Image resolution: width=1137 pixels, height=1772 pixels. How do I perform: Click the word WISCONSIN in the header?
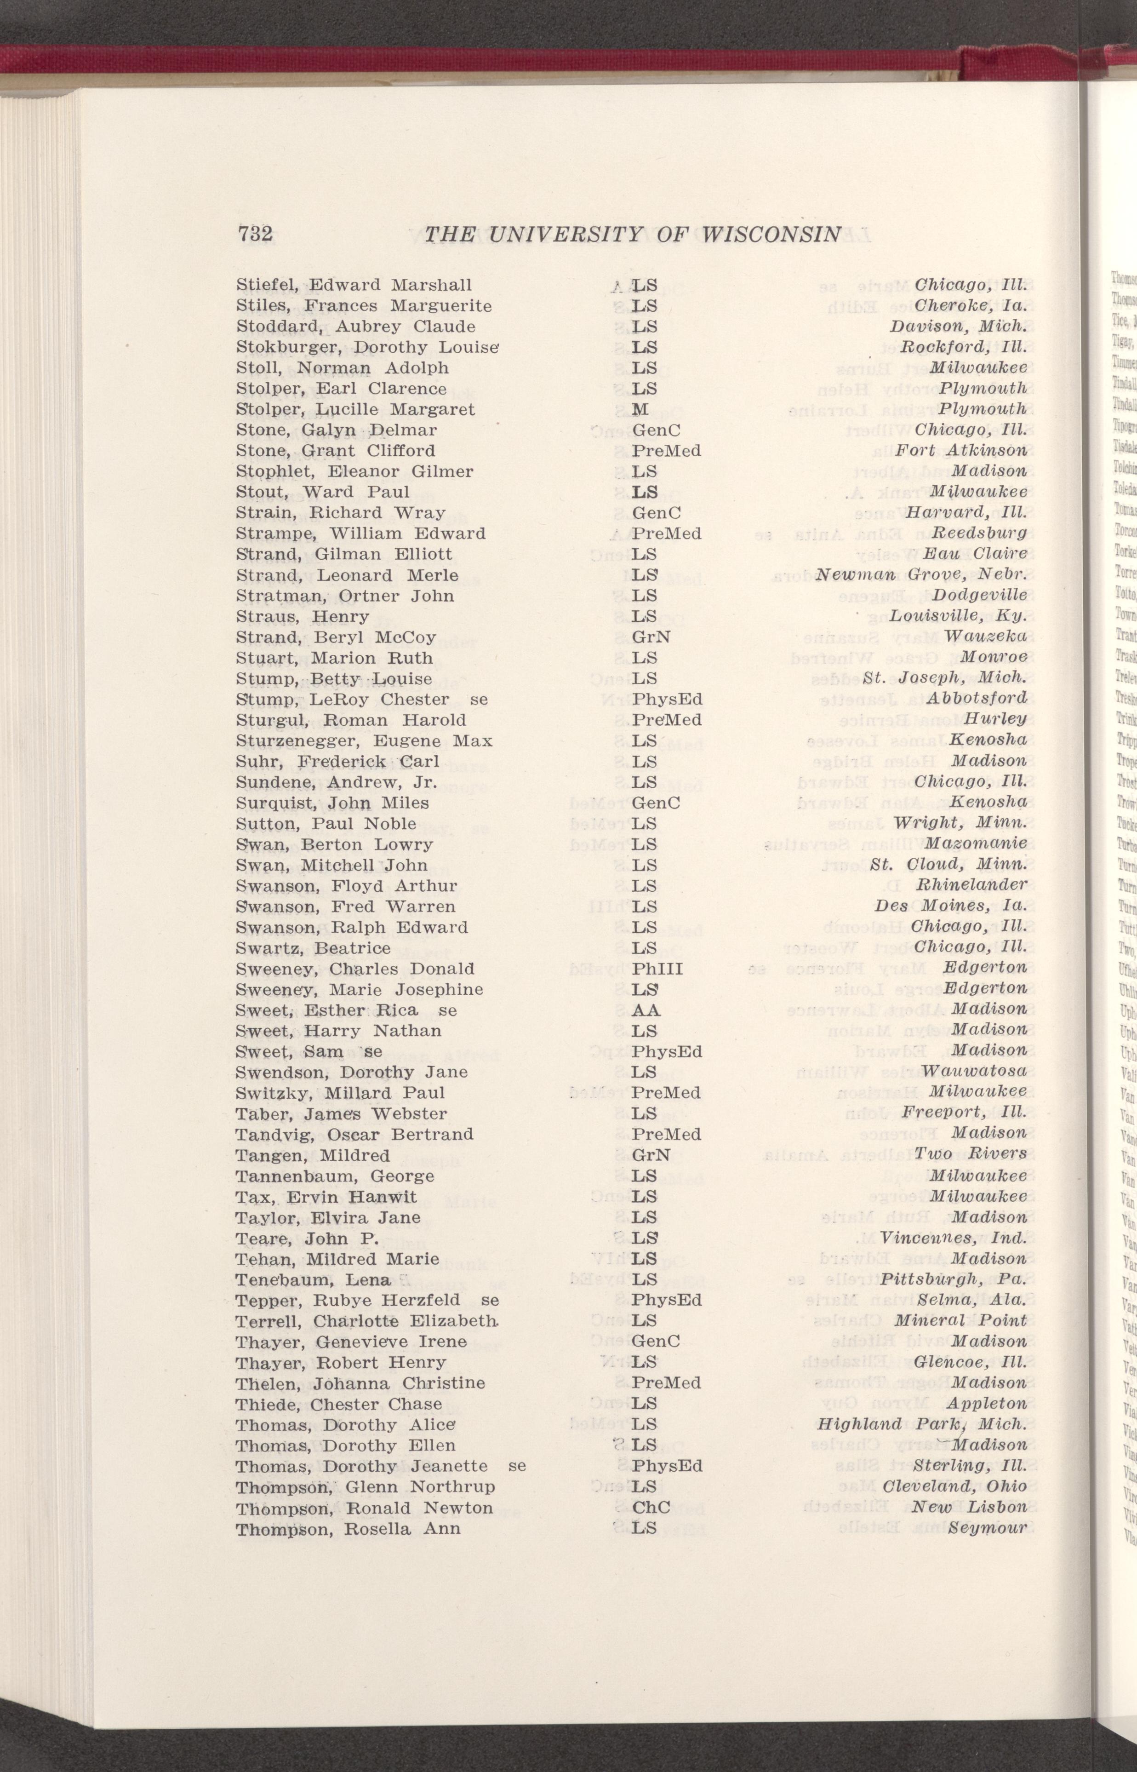(x=771, y=235)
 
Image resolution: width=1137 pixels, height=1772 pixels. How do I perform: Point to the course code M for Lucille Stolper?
(x=640, y=409)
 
